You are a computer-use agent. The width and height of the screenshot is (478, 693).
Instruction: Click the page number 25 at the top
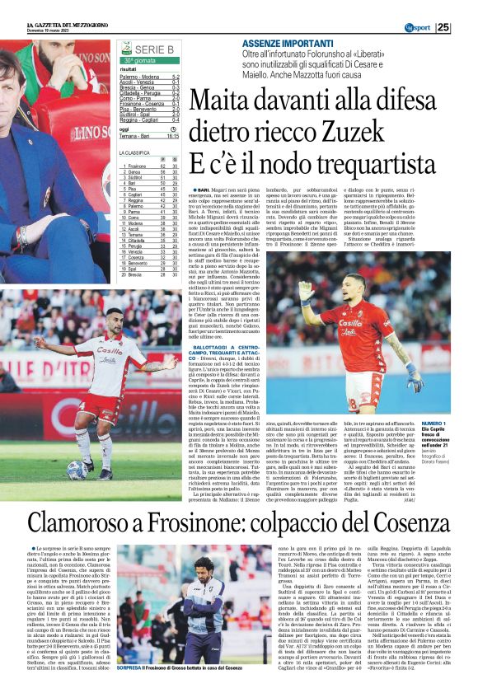click(466, 27)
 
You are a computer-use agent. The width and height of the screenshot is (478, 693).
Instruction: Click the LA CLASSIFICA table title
click(134, 152)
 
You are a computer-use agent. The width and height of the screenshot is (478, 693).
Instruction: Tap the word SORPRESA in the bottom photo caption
click(132, 667)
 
